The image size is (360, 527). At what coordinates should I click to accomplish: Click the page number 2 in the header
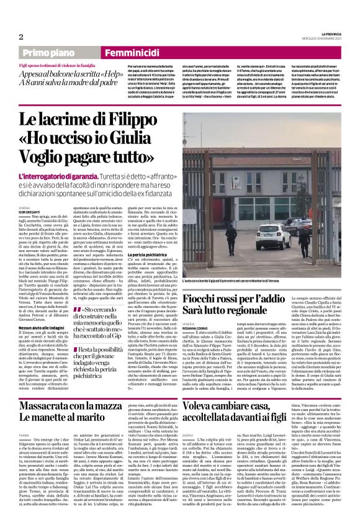coord(20,36)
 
